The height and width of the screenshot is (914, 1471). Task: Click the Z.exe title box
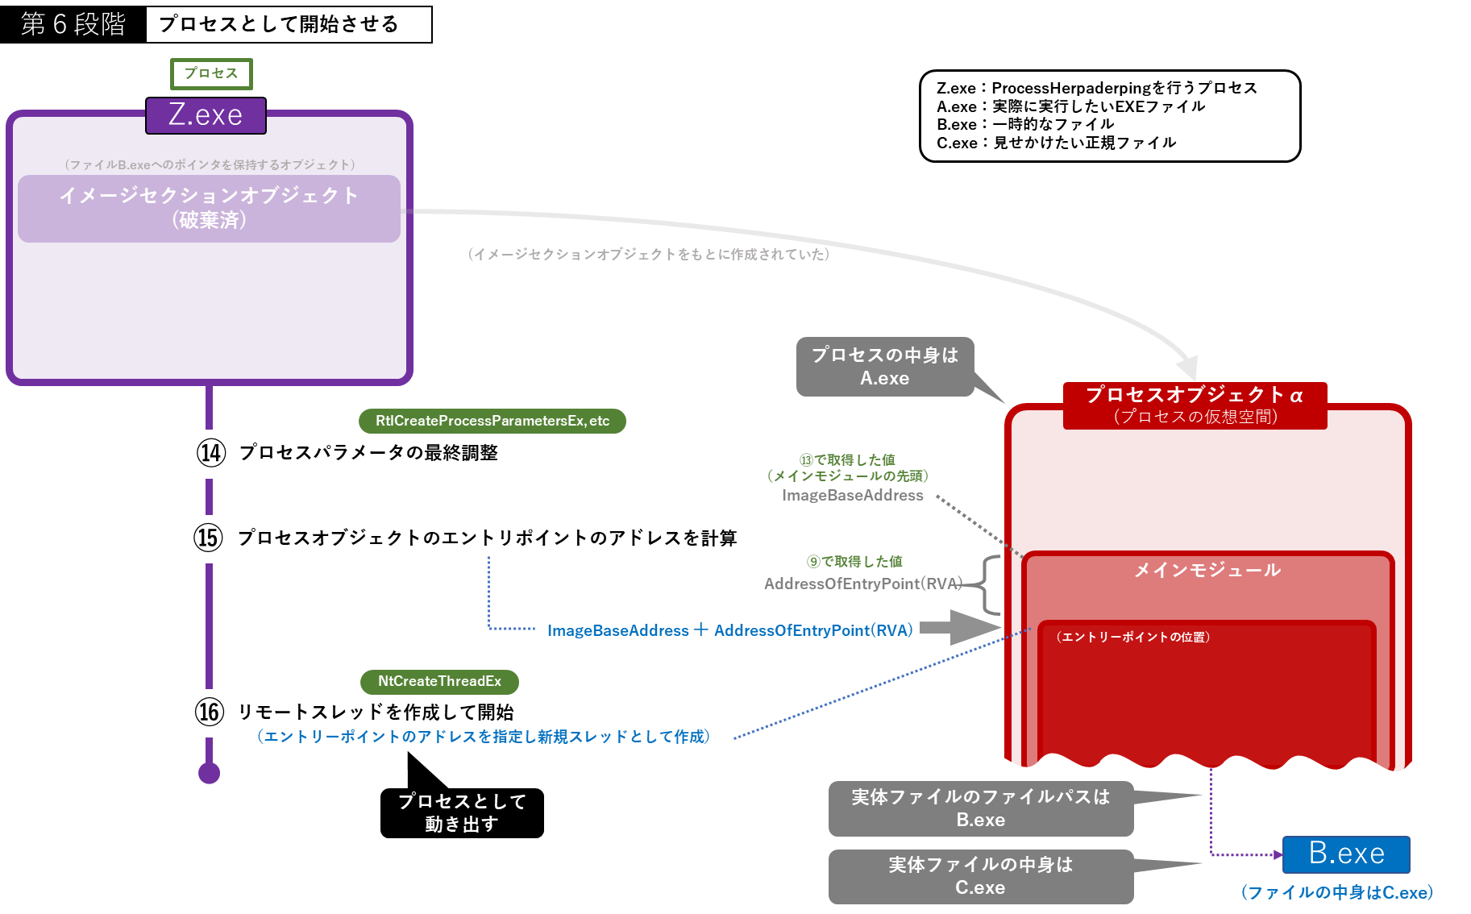(x=206, y=115)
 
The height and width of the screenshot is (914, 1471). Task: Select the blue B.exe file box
(x=1346, y=854)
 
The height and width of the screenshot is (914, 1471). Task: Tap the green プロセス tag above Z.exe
(x=211, y=73)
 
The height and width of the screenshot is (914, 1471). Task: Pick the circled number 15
(x=208, y=538)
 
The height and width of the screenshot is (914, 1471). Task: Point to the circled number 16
(x=210, y=712)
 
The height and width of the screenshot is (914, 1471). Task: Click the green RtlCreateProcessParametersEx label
(x=492, y=421)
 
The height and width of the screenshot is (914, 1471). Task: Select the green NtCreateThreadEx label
(x=439, y=681)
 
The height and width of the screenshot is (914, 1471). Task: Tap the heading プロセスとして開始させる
(x=279, y=24)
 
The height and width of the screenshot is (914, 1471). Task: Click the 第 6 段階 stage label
(x=73, y=24)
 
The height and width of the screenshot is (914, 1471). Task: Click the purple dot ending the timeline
(x=210, y=773)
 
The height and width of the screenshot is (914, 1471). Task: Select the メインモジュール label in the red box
(x=1207, y=570)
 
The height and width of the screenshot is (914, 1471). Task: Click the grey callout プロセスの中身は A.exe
(x=885, y=367)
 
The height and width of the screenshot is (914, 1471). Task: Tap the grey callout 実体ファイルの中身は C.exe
(x=980, y=876)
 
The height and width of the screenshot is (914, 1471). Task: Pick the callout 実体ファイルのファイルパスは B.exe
(x=980, y=808)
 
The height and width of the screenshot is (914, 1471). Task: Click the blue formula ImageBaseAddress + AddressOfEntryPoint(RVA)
(x=729, y=630)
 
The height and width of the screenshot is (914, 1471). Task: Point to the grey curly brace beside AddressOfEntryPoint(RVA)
(x=991, y=584)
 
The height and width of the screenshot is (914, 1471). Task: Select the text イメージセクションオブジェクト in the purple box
(x=209, y=196)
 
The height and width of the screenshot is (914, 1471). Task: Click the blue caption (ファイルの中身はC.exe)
(x=1337, y=892)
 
